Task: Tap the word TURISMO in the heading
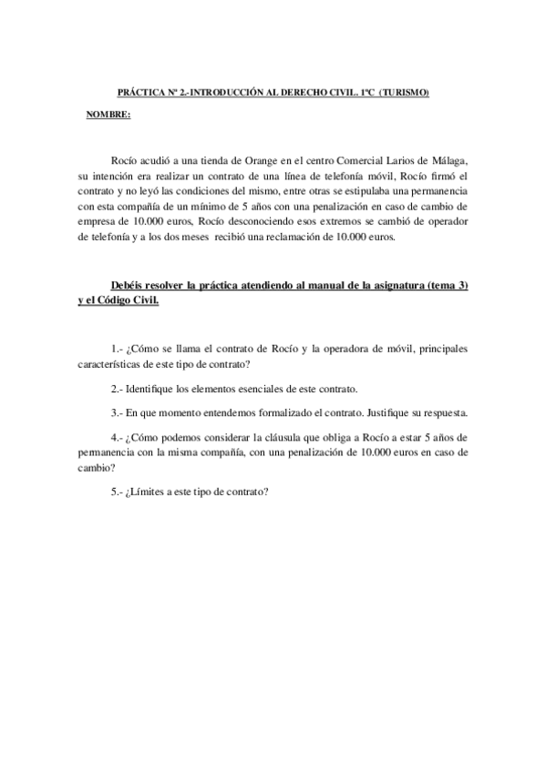(x=404, y=93)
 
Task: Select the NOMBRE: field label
(x=108, y=114)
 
